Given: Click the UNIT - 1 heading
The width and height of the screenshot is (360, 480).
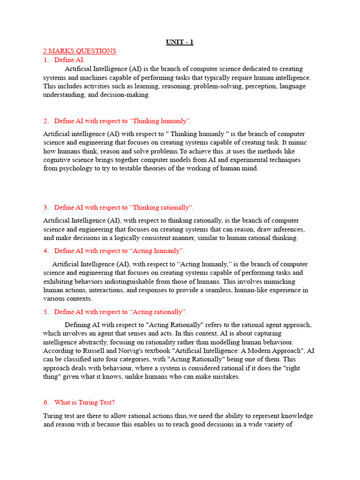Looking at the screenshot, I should tap(180, 42).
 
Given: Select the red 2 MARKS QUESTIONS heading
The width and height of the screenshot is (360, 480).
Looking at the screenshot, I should tap(80, 51).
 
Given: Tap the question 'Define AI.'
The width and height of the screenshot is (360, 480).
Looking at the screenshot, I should tap(69, 60).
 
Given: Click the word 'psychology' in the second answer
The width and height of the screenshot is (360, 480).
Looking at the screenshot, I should tap(78, 168).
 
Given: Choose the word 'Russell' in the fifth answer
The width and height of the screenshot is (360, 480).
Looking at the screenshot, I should tap(89, 351).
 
